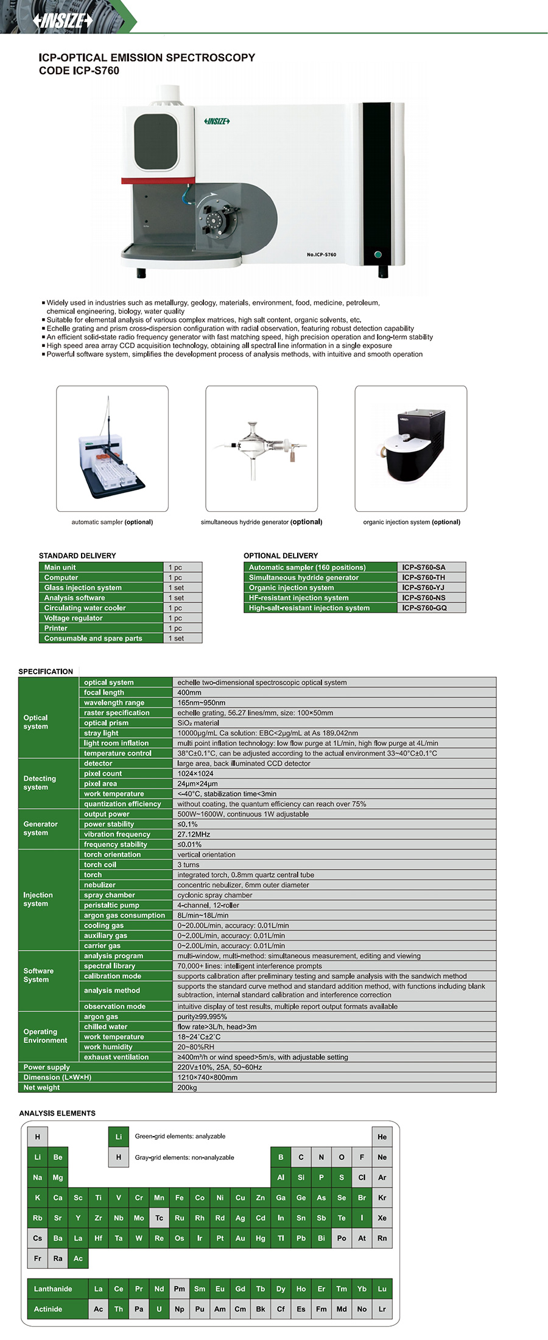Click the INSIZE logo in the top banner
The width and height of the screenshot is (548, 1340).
[63, 21]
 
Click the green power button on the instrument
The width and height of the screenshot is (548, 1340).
[378, 254]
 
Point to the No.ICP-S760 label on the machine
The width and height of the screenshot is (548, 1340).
[321, 254]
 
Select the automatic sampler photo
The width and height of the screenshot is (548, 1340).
[112, 448]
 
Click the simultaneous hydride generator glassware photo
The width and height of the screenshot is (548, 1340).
[261, 448]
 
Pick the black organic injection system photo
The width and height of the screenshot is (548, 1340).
[411, 448]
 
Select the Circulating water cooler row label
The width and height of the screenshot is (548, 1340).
[85, 608]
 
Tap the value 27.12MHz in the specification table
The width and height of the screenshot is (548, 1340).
[194, 834]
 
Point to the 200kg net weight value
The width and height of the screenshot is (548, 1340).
[187, 1087]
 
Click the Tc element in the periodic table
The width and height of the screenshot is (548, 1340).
[159, 1218]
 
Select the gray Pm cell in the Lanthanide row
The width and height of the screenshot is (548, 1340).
[179, 1288]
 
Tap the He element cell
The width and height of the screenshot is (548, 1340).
[382, 1137]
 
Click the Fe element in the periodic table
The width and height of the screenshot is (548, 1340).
[179, 1198]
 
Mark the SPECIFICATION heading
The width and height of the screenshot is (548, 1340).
[46, 671]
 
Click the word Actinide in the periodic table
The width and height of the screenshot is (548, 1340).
[48, 1309]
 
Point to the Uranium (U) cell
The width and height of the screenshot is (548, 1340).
[159, 1309]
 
